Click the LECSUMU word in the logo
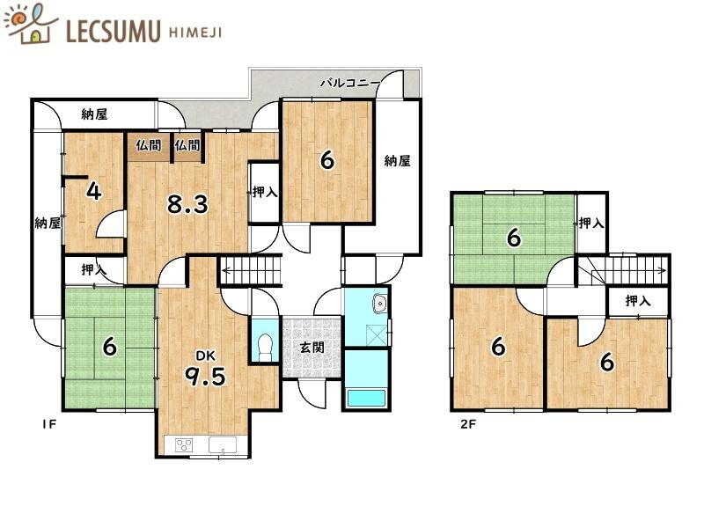coord(114,31)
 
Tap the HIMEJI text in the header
coord(195,33)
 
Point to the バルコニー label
coord(350,84)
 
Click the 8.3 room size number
coord(187,204)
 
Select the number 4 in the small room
coord(93,191)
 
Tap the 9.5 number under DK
coord(206,377)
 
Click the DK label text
coord(206,356)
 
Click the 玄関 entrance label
coord(312,347)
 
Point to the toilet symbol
coord(266,347)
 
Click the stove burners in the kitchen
coord(184,445)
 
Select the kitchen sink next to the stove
coord(223,445)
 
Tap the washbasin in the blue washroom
coord(380,304)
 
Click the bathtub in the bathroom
coord(366,399)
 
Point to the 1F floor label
coord(49,424)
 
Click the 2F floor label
coord(468,424)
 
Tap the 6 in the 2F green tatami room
coord(514,238)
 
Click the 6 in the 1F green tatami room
coord(109,347)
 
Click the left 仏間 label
coord(149,145)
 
